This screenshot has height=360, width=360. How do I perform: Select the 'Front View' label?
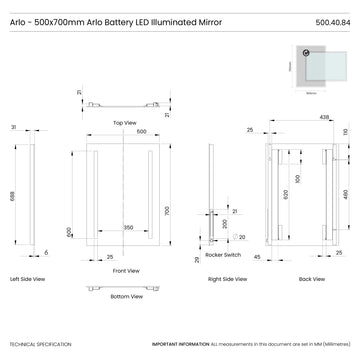pyautogui.click(x=125, y=271)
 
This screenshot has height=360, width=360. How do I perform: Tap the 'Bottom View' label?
pyautogui.click(x=125, y=296)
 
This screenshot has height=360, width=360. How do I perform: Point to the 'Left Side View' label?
pyautogui.click(x=27, y=279)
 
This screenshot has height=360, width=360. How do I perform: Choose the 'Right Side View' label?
pyautogui.click(x=228, y=279)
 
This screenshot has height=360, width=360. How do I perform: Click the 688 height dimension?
pyautogui.click(x=13, y=197)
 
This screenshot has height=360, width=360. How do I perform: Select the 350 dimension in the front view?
pyautogui.click(x=128, y=228)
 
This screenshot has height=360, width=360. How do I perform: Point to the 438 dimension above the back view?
pyautogui.click(x=297, y=117)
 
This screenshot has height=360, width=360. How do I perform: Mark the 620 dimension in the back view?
pyautogui.click(x=285, y=197)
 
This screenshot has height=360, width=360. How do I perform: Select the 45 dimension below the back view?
pyautogui.click(x=258, y=257)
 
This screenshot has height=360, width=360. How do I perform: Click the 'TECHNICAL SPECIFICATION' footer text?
pyautogui.click(x=40, y=344)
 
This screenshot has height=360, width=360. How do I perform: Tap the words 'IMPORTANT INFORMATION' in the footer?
pyautogui.click(x=180, y=344)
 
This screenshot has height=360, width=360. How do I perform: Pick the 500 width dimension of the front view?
pyautogui.click(x=142, y=131)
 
